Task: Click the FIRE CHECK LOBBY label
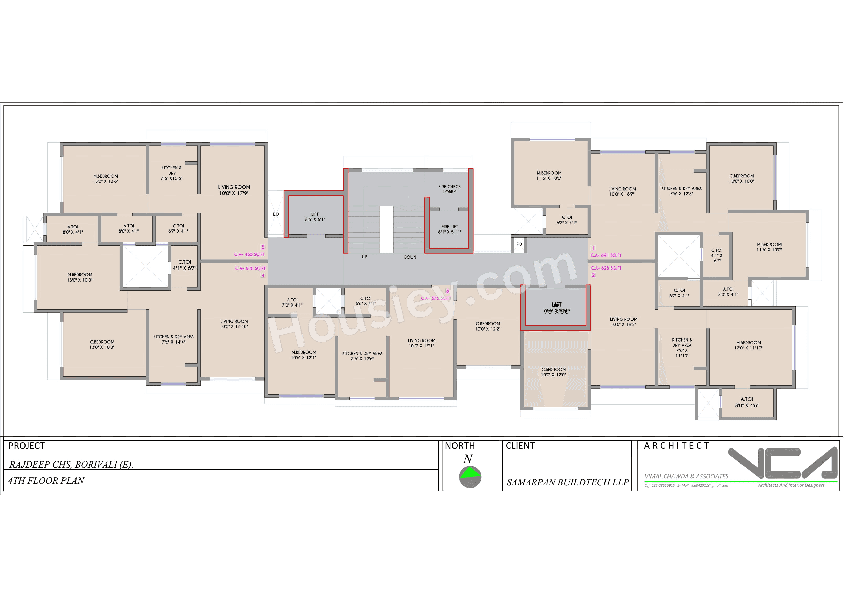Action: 449,189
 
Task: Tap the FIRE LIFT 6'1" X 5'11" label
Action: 449,229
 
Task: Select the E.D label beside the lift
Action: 276,214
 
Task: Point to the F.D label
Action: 519,244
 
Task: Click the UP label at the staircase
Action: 364,257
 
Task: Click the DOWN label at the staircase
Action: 410,257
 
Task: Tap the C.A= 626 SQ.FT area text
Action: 250,269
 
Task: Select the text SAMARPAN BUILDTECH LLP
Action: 568,482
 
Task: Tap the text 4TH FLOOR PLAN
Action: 46,480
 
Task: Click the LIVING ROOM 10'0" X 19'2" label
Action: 623,322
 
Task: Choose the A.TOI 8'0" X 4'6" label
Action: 747,402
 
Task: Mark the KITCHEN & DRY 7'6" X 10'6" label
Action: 171,173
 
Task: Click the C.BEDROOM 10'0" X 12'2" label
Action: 488,326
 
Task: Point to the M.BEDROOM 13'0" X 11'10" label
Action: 748,345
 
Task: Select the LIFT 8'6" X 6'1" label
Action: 315,217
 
